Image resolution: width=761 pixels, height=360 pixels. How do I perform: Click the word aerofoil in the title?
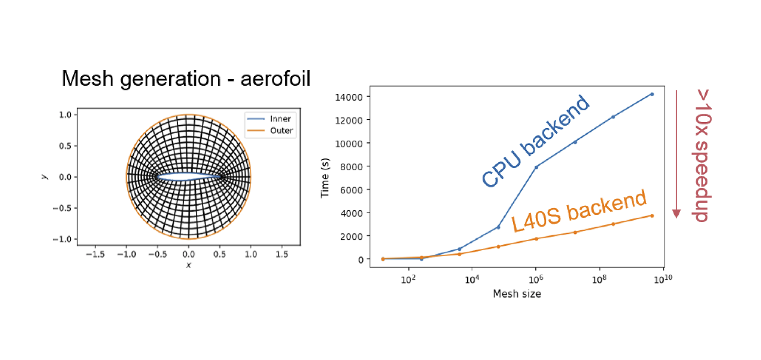(275, 79)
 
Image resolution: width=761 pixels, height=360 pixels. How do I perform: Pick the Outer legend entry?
(270, 130)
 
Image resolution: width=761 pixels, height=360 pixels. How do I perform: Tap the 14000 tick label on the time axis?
(349, 97)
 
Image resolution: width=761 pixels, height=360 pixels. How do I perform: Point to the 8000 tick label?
(351, 167)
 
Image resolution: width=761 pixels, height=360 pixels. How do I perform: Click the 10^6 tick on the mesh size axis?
(536, 279)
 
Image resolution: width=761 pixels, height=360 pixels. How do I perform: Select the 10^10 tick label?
(663, 279)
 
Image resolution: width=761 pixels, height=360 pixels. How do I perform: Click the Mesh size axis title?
(517, 294)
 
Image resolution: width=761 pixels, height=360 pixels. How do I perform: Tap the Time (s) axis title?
(325, 178)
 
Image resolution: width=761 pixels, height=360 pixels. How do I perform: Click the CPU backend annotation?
(535, 141)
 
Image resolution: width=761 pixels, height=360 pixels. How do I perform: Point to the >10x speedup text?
(703, 156)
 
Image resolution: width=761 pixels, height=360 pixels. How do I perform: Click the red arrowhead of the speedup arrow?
(676, 214)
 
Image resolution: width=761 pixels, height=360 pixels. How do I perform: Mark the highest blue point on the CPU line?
(652, 94)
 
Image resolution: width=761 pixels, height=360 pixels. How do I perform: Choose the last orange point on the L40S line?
(652, 216)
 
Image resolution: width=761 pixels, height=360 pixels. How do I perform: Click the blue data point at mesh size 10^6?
(536, 167)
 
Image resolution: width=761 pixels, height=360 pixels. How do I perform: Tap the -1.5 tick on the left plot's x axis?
(95, 254)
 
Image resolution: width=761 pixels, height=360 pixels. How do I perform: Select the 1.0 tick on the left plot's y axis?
(65, 115)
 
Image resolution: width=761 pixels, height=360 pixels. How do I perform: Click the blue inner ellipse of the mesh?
(189, 173)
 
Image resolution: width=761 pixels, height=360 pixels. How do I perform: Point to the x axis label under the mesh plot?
(189, 265)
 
